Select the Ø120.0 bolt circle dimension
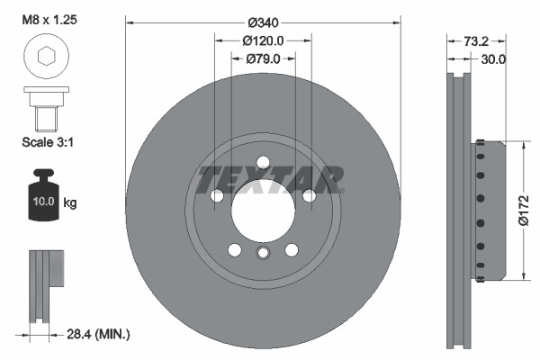pos(263,40)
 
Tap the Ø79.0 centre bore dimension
pos(263,59)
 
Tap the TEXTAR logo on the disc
pos(271,179)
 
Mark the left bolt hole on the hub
pos(216,196)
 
